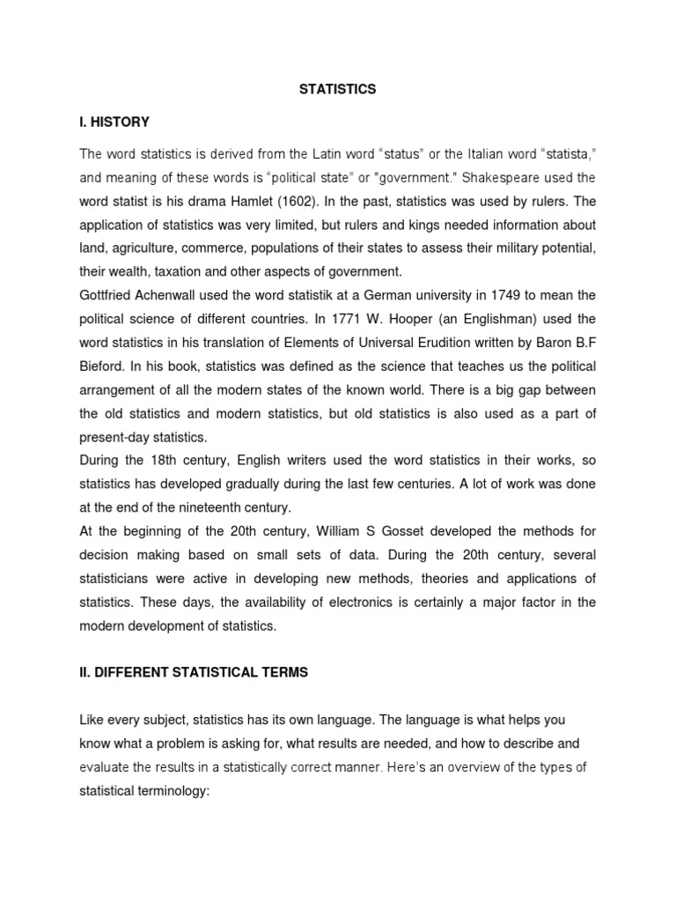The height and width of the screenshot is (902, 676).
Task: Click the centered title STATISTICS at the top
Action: (x=338, y=89)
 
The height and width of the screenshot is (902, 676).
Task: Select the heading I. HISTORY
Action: (x=114, y=122)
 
